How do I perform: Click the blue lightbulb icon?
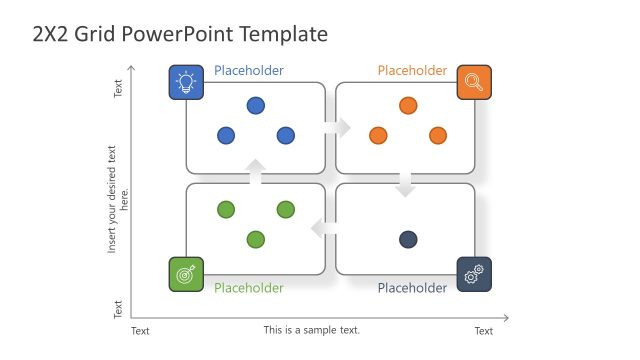[186, 82]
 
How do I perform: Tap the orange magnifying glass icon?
[474, 82]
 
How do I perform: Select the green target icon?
[186, 274]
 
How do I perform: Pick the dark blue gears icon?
[474, 274]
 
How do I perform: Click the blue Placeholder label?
[248, 71]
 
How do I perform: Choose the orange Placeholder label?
[412, 71]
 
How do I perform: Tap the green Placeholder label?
[248, 288]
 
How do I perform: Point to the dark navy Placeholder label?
[412, 288]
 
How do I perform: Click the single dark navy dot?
[408, 239]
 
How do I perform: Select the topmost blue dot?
[256, 105]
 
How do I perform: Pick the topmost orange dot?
[408, 105]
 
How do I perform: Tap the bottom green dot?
[256, 239]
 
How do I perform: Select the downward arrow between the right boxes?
[405, 185]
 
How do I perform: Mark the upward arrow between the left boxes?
[256, 172]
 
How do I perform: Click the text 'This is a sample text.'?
[312, 330]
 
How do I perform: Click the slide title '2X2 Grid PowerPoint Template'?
[180, 35]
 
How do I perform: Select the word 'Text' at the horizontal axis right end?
[483, 331]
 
